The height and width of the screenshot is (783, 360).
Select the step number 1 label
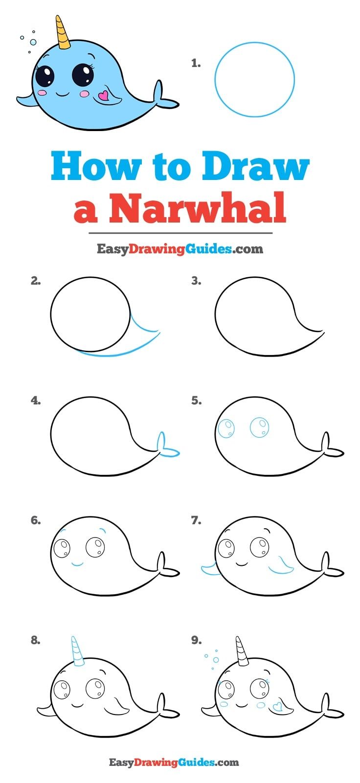pos(196,63)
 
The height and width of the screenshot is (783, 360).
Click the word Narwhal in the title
pos(197,208)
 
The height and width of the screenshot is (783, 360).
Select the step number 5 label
pos(196,401)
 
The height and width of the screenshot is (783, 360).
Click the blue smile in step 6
pos(77,564)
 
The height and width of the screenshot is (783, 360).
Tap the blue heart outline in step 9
pos(278,706)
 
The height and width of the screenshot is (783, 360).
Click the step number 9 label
pos(196,640)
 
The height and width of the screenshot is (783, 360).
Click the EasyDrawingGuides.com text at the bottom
pos(174,762)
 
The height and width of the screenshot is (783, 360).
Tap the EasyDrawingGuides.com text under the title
pos(180,249)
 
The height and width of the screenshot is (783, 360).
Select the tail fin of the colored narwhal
pos(161,97)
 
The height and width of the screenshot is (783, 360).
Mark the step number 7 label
pos(196,520)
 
